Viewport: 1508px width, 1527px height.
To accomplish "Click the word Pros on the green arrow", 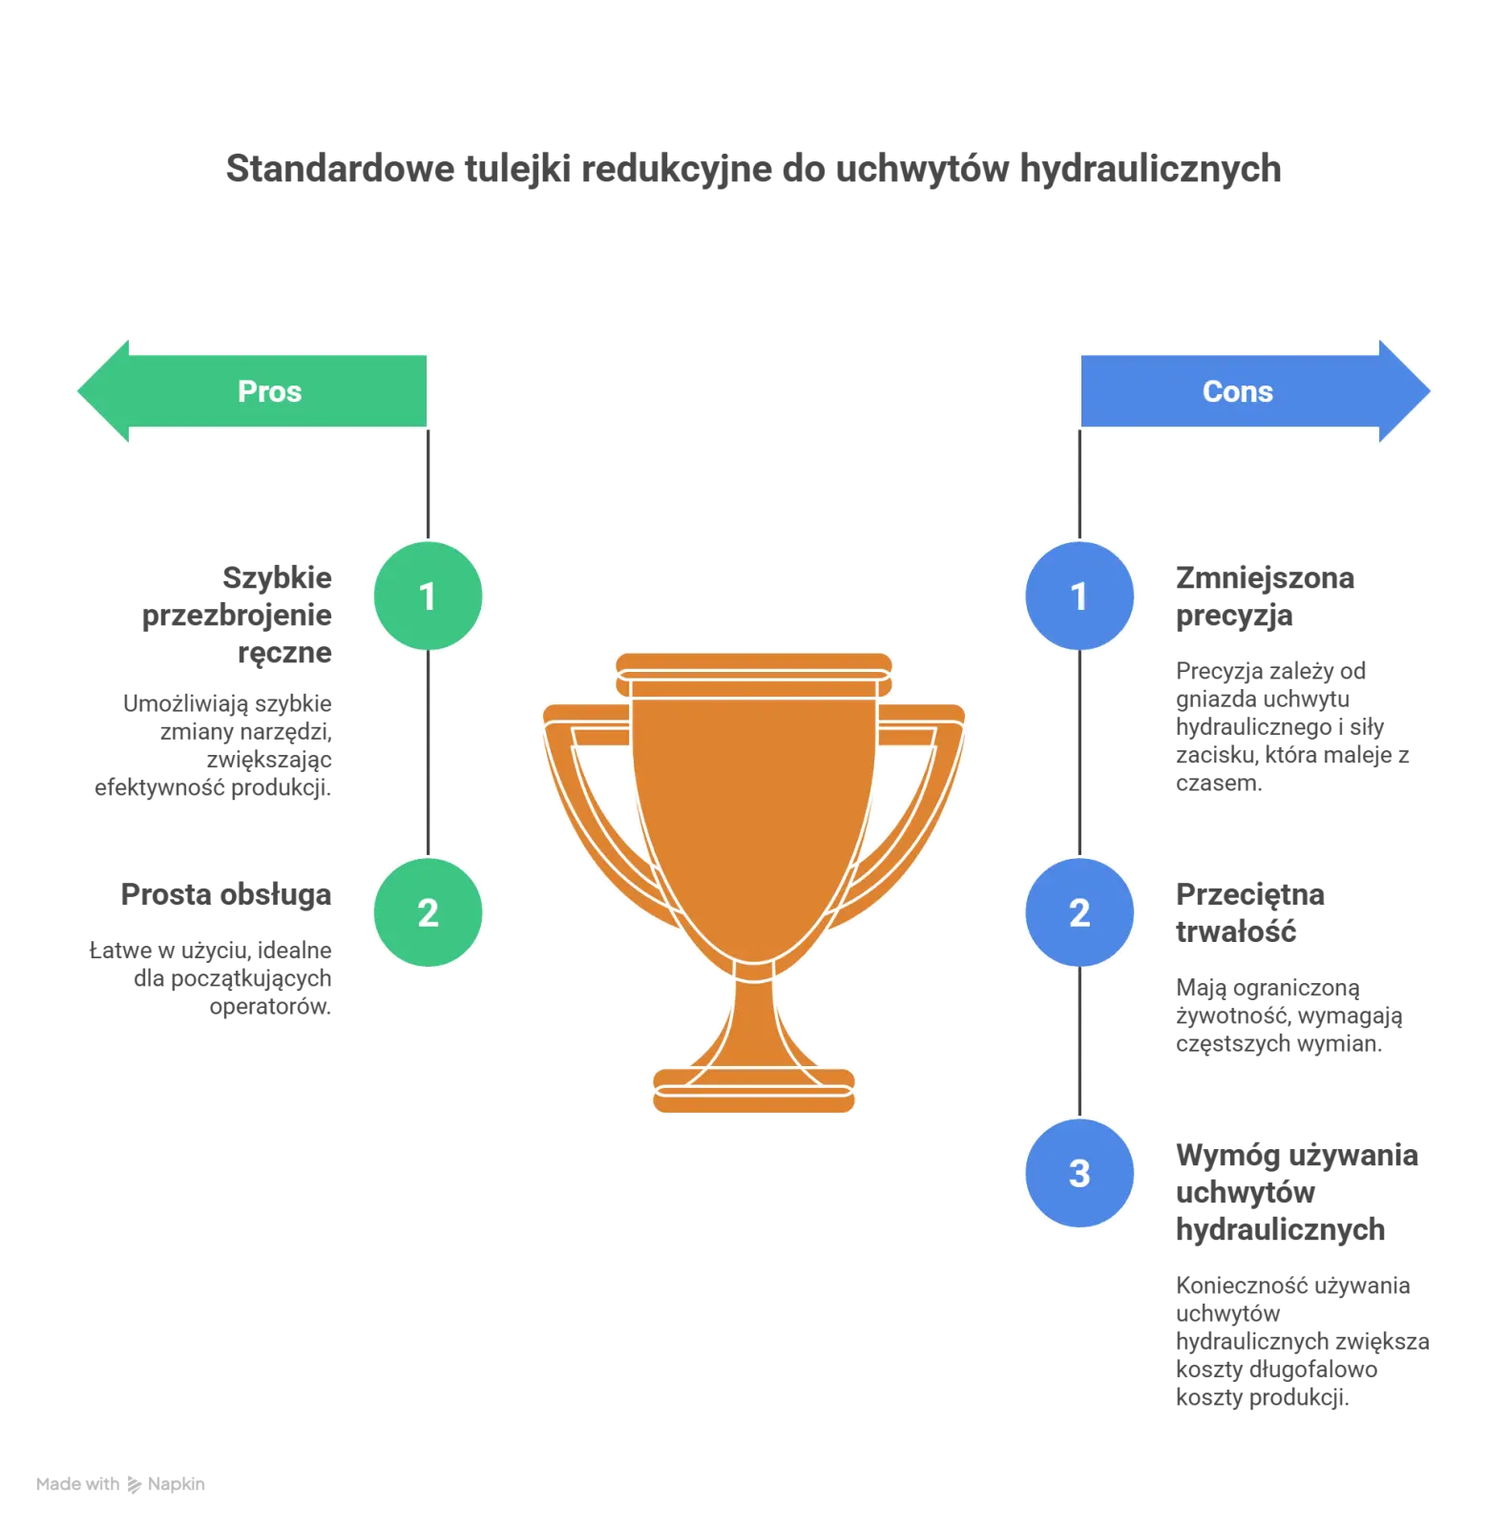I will coord(269,391).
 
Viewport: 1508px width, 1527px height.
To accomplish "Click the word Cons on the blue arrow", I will coord(1237,391).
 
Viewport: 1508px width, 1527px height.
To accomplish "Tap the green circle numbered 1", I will coord(428,596).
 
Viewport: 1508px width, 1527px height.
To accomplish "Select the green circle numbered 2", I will coord(428,913).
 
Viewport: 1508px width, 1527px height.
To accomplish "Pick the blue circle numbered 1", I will coord(1079,596).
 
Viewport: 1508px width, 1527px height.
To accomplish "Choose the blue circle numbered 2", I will coord(1079,913).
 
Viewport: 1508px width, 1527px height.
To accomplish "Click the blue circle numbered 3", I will coord(1079,1173).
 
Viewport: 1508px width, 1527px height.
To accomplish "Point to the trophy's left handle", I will coord(587,811).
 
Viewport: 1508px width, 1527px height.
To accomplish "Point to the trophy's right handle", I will coord(921,811).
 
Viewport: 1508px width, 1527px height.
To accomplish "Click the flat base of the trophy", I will coord(753,1091).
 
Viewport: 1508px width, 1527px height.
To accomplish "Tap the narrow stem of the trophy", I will coord(753,1016).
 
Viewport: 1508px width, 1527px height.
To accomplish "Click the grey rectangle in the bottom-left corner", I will coord(118,1485).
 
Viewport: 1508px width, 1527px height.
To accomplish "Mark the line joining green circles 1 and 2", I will coord(428,754).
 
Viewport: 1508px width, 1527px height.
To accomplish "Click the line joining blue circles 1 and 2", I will coord(1079,754).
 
